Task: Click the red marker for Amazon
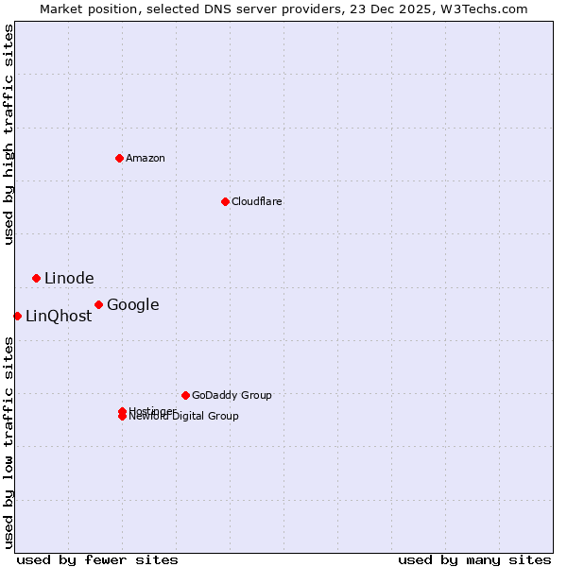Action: tap(119, 158)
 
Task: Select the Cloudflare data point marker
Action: tap(225, 201)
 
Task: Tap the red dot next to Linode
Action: tap(36, 278)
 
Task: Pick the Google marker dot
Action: tap(98, 304)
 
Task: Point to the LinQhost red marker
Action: tap(17, 316)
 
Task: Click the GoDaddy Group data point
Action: tap(185, 395)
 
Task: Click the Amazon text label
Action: tap(145, 158)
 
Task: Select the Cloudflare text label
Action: tap(256, 201)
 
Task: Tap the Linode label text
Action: tap(69, 278)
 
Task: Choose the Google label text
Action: tap(132, 304)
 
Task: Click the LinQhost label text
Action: tap(59, 317)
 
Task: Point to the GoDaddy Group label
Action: tap(232, 395)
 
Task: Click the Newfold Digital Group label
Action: tap(184, 417)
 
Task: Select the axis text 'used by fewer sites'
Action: tap(97, 559)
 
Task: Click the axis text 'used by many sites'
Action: tap(474, 559)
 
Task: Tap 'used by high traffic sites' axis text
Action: tap(9, 134)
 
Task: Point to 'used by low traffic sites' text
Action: tap(9, 442)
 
